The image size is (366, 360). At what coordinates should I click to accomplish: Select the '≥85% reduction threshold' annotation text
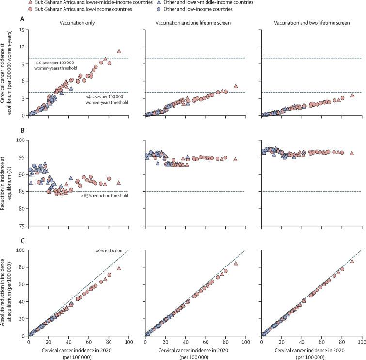tap(100, 198)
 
